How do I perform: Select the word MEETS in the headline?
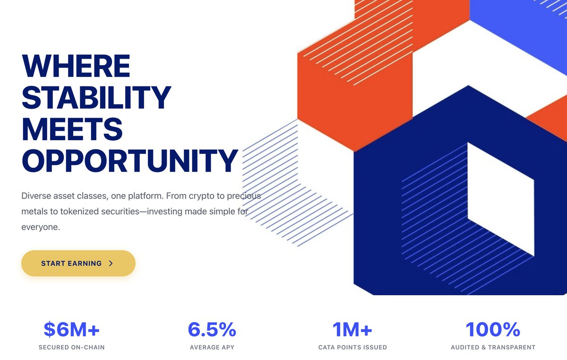point(72,129)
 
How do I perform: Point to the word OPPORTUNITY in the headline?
point(129,161)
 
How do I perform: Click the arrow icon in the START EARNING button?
point(111,264)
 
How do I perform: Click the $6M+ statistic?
point(71,330)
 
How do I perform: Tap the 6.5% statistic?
point(212,330)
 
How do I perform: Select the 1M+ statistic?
point(352,330)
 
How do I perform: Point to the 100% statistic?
point(493,330)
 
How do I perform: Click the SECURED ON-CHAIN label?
point(71,347)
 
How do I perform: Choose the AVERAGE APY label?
point(212,347)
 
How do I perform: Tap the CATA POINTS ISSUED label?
point(352,347)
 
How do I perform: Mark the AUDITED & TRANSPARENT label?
point(493,347)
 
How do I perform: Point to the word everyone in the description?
point(40,227)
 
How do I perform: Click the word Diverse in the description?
point(35,196)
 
